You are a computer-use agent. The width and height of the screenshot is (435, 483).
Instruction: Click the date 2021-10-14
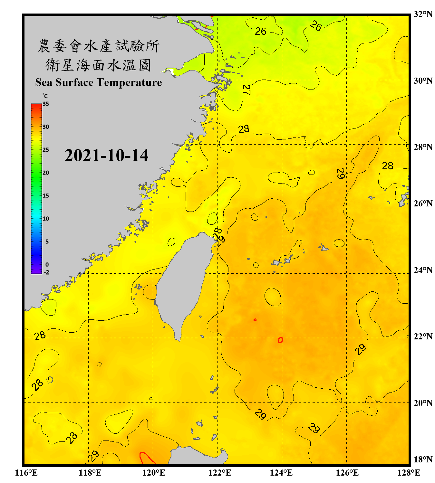pos(106,155)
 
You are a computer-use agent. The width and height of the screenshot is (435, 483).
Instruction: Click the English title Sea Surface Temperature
pos(99,82)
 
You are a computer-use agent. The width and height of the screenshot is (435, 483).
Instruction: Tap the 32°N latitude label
pos(423,14)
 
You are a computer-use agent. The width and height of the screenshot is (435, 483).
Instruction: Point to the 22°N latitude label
pos(423,336)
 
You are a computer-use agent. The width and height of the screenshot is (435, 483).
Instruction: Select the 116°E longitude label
pos(26,473)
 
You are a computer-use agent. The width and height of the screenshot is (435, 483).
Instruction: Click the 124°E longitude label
pos(281,473)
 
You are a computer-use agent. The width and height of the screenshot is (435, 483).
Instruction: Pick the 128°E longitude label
pos(409,473)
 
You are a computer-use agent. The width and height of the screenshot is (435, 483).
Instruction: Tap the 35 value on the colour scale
pos(46,104)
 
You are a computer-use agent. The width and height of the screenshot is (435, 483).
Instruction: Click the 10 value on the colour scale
pos(46,219)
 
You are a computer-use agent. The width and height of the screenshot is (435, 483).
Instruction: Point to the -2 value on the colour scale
pos(46,272)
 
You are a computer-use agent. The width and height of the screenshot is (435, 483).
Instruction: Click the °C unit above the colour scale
pos(45,96)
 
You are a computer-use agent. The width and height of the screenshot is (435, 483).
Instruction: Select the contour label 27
pos(247,90)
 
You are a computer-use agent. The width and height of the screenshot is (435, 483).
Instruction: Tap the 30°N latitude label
pos(423,81)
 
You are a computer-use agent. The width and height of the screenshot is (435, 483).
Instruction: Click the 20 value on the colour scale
pos(46,173)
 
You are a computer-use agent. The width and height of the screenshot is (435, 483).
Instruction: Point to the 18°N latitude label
pos(423,459)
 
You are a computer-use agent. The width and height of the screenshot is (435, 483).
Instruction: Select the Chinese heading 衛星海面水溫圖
pos(98,65)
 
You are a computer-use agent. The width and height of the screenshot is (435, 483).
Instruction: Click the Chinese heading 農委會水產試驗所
pos(99,46)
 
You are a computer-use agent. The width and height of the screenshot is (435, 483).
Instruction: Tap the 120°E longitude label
pos(154,473)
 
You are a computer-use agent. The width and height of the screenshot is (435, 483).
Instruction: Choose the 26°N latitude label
pos(423,204)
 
